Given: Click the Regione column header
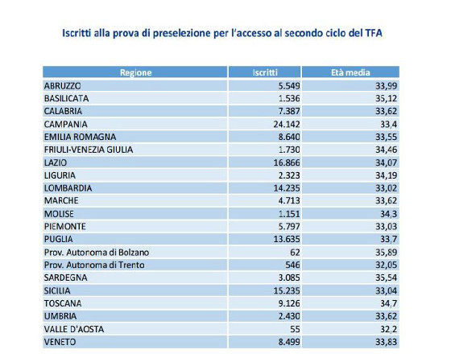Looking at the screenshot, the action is click(x=135, y=72).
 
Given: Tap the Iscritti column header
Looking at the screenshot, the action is click(x=265, y=72).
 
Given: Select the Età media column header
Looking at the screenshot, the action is click(x=350, y=72).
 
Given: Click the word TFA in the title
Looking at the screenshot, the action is click(x=374, y=33).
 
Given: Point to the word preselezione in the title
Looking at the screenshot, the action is click(x=181, y=34).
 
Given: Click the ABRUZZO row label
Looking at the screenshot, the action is click(x=63, y=86).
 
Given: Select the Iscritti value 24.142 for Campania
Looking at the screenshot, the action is click(x=287, y=125).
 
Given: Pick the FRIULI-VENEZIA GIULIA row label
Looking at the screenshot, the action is click(x=89, y=150).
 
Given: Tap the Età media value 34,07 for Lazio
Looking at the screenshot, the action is click(x=387, y=162).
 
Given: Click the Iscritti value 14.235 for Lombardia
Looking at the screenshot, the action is click(x=287, y=188).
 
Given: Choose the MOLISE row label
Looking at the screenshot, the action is click(x=59, y=214).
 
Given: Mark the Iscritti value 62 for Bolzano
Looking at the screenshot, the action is click(x=295, y=253).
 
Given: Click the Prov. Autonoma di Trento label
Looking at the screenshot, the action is click(x=94, y=265).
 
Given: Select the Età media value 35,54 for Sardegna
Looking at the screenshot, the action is click(x=387, y=278).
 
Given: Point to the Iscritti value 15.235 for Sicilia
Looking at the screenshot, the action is click(x=287, y=290).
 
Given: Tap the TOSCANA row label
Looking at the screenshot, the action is click(x=63, y=303).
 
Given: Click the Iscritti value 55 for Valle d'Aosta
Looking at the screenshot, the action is click(x=295, y=329).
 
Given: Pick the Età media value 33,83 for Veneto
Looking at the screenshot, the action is click(x=387, y=342).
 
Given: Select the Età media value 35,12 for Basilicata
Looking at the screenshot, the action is click(x=387, y=98).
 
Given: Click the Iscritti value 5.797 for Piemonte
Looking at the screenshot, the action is click(x=289, y=227).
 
